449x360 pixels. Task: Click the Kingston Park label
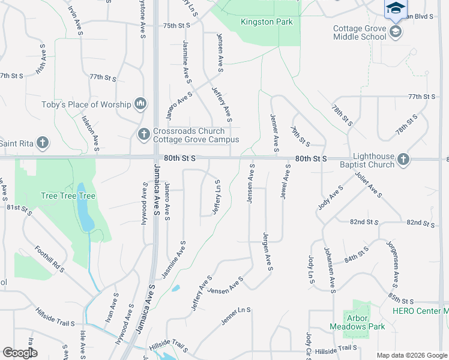267,22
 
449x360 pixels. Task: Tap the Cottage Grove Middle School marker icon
396,32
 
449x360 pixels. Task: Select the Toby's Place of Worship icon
140,104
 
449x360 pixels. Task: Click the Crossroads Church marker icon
143,135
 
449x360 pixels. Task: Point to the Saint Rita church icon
42,143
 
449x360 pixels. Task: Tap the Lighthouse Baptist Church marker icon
403,160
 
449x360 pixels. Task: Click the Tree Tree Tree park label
68,196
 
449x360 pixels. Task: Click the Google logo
20,352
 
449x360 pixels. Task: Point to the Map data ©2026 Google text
412,355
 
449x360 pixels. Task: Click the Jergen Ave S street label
267,251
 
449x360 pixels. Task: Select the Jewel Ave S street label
286,183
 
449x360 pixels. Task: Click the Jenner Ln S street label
235,316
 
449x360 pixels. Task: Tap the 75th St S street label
176,26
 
